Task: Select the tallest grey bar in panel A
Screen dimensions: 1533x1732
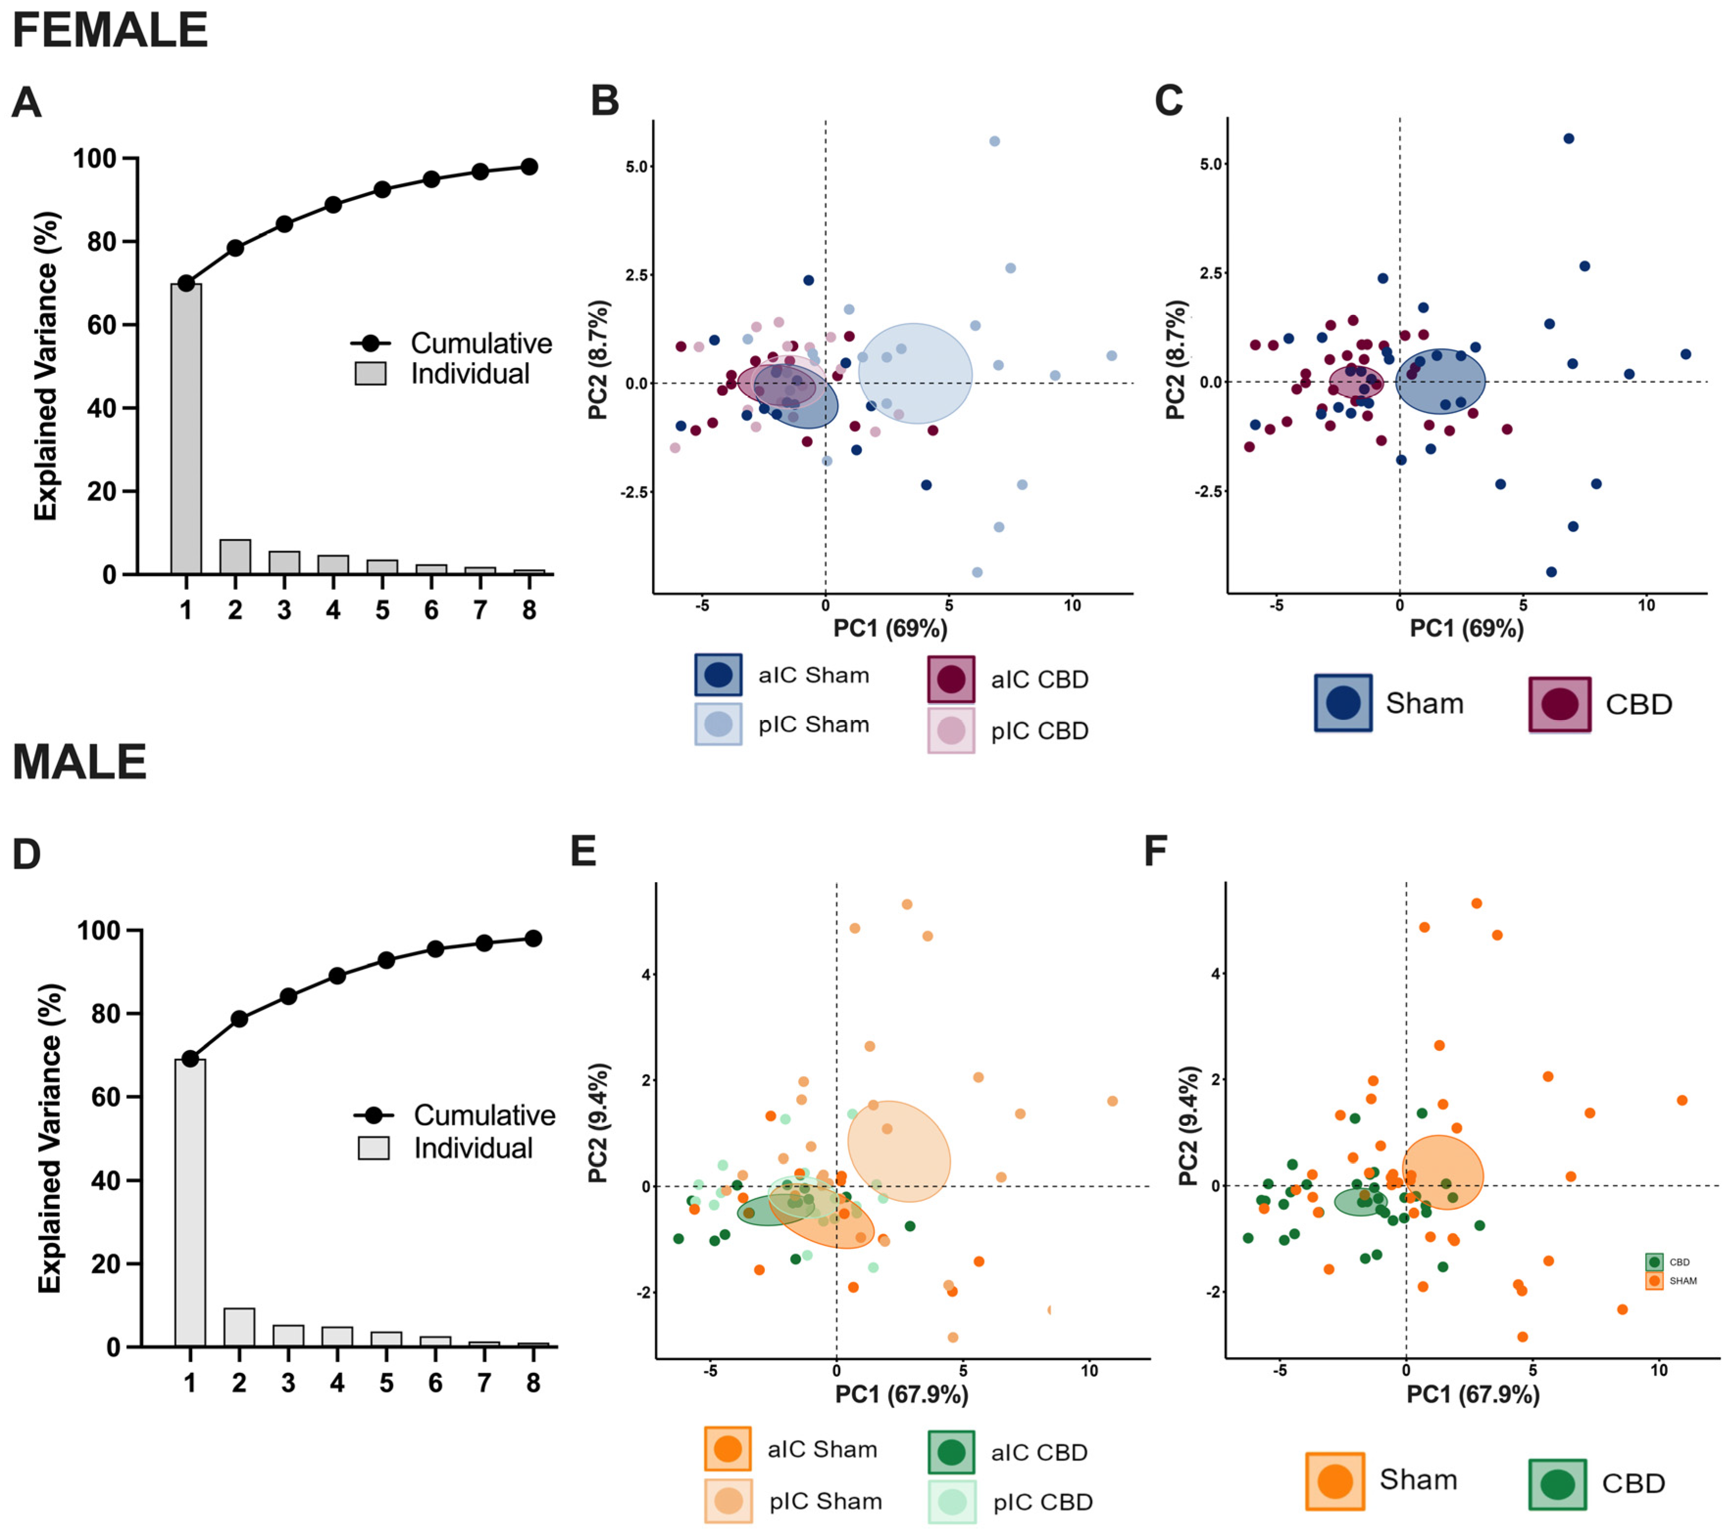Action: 186,428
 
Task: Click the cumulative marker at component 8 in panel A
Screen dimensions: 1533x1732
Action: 529,167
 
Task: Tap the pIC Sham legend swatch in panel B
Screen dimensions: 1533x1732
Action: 718,724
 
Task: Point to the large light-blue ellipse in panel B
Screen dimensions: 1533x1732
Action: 915,373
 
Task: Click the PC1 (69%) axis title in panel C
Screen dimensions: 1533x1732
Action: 1466,628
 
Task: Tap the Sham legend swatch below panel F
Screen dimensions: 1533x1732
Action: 1335,1481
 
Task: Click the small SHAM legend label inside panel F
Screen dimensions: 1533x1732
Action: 1683,1281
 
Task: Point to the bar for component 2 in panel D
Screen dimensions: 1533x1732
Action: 239,1327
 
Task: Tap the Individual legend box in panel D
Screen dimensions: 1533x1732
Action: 374,1148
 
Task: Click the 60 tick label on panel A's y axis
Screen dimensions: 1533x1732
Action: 102,324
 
